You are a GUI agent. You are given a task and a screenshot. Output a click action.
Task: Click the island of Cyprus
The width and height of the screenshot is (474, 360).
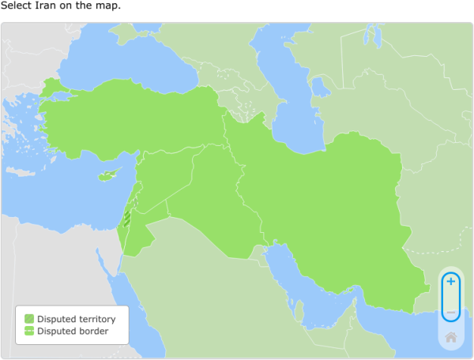click(x=107, y=175)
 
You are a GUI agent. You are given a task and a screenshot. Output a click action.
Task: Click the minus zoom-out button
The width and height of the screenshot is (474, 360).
click(x=450, y=313)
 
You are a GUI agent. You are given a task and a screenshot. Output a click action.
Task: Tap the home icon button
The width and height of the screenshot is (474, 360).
click(x=450, y=337)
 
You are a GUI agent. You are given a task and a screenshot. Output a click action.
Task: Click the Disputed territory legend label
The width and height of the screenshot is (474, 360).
click(x=76, y=319)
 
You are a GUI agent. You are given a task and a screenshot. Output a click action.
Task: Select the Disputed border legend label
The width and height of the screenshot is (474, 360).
click(x=72, y=331)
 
